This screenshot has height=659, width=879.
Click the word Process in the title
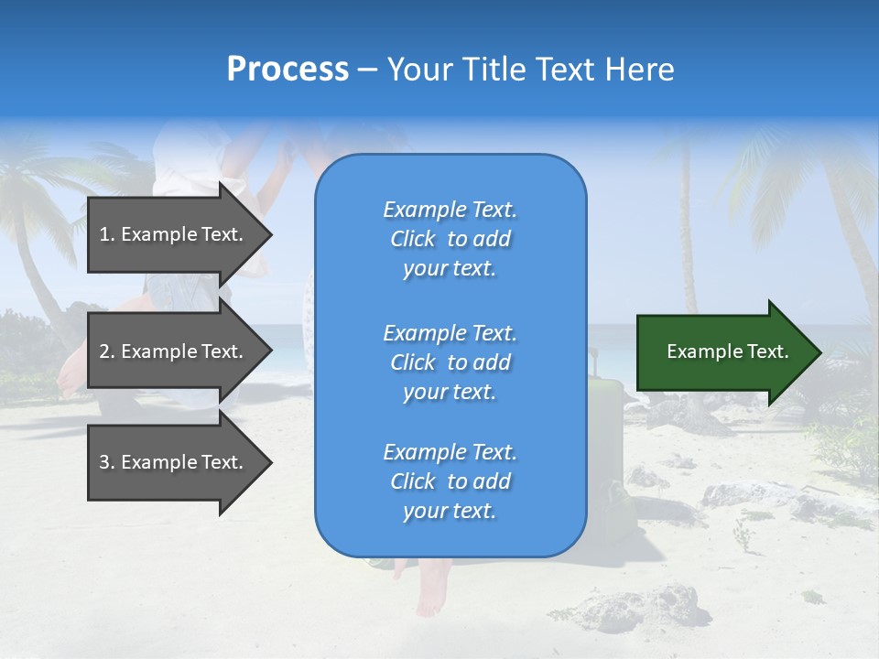pos(288,70)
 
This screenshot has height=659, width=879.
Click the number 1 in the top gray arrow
pos(104,234)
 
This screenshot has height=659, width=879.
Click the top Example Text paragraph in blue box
pos(450,239)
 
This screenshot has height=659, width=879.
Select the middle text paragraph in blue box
pos(450,362)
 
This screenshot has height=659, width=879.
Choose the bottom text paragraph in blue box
pos(450,481)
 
